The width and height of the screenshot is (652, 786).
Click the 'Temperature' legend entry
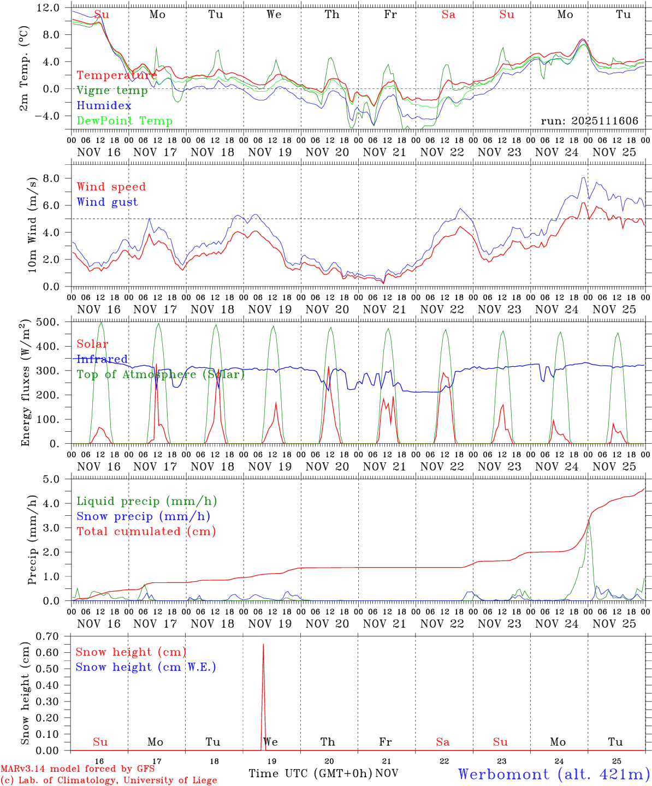pos(117,75)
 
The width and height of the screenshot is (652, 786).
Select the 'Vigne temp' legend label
pos(112,91)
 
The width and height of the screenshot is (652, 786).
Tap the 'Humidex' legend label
pos(104,105)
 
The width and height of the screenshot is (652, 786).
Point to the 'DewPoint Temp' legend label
pos(125,121)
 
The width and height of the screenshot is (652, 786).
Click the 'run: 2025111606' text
pos(589,121)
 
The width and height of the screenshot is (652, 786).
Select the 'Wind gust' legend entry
pos(107,202)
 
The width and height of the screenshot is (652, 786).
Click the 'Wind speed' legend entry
pos(111,187)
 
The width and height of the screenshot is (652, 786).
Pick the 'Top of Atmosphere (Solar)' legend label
pos(160,374)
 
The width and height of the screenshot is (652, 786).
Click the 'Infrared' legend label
pos(102,359)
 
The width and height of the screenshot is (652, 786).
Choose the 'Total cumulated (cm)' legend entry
pos(146,531)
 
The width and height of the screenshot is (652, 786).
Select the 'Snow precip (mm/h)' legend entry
pos(143,516)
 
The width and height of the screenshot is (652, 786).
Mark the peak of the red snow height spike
pos(263,645)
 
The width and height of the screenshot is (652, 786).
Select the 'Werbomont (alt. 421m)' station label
pos(554,774)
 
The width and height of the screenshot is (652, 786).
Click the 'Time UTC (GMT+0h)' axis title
pos(310,773)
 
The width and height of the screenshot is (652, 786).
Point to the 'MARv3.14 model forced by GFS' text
pos(78,769)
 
